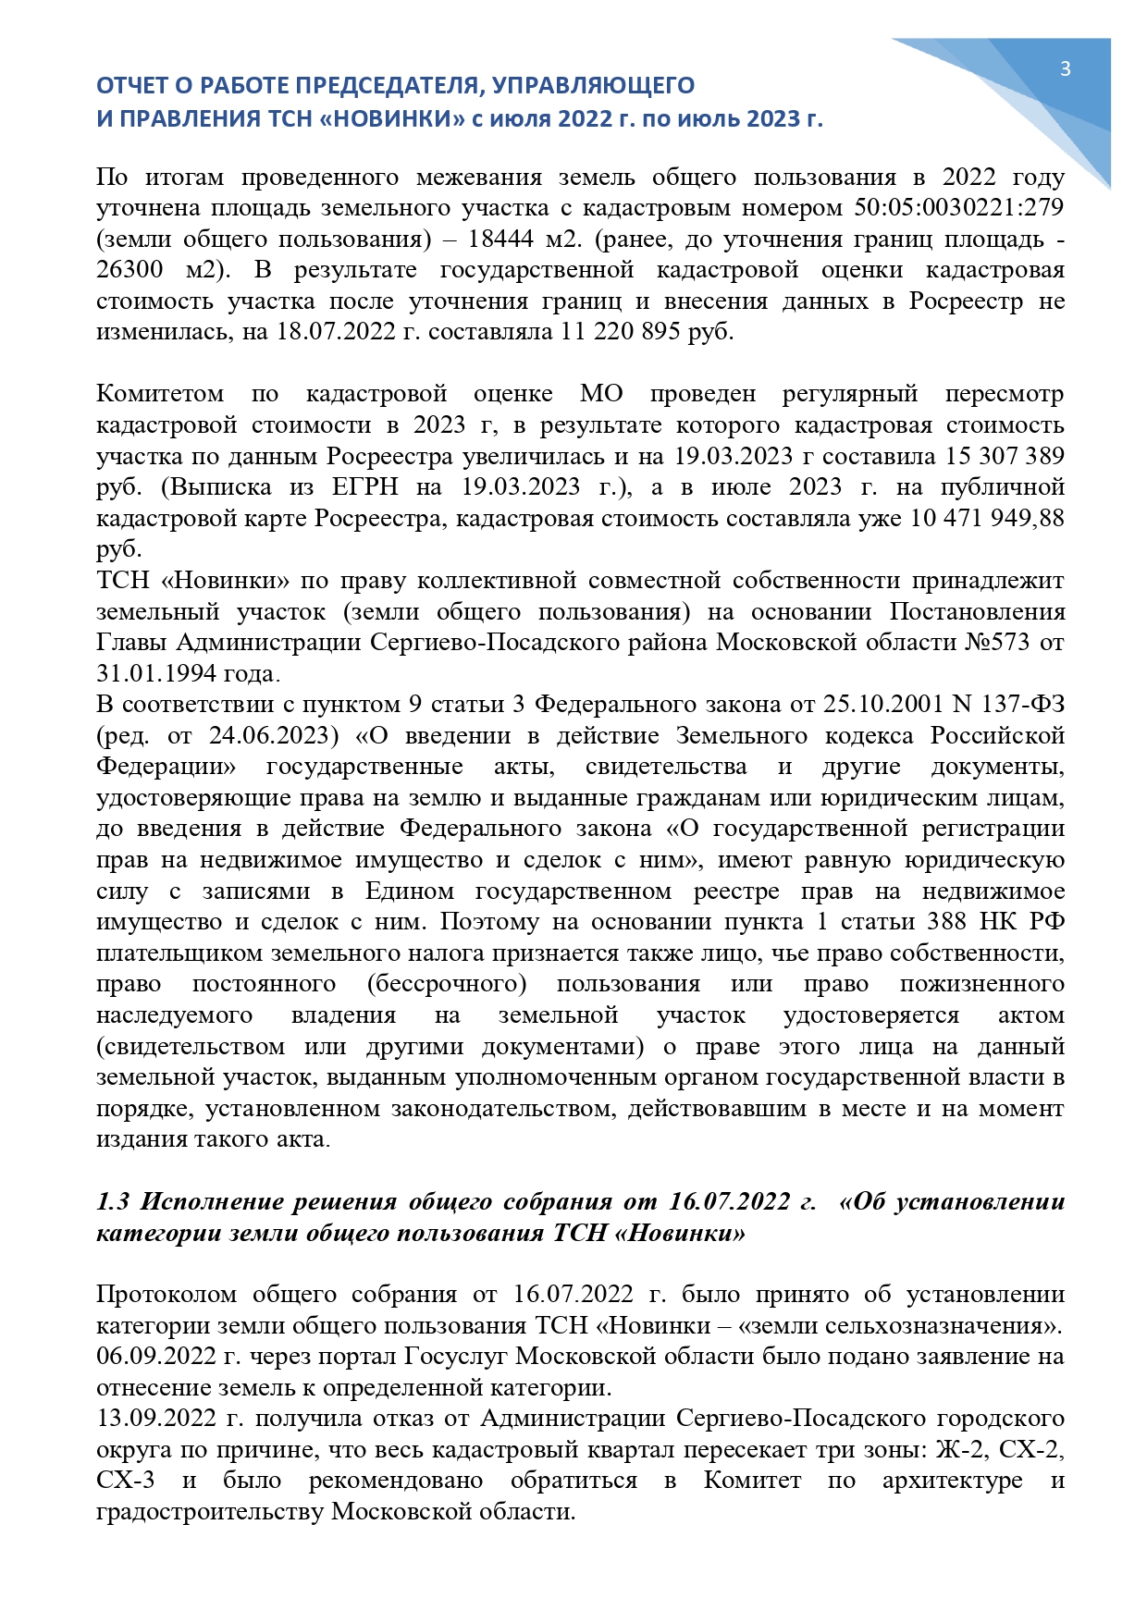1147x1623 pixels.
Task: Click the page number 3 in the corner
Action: (1065, 68)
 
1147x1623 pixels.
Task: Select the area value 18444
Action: (500, 239)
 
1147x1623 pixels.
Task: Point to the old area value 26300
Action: (129, 270)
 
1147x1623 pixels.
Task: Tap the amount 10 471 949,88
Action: (987, 518)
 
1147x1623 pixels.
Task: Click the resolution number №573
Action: (997, 642)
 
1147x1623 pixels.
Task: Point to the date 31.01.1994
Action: (157, 673)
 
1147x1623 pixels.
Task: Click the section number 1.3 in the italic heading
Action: (113, 1201)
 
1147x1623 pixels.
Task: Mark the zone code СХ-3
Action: (125, 1481)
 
